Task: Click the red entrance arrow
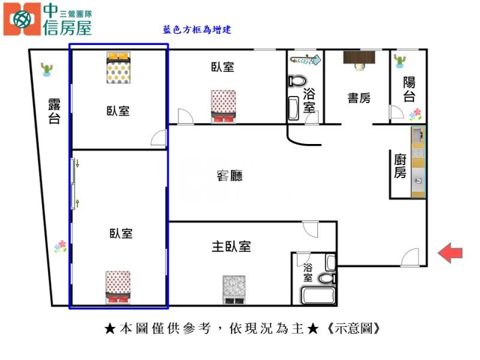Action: click(x=450, y=253)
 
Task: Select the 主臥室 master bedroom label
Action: click(x=231, y=246)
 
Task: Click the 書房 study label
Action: click(x=359, y=98)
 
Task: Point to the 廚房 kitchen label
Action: click(x=400, y=166)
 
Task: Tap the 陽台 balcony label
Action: click(x=409, y=89)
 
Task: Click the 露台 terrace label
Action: click(x=55, y=110)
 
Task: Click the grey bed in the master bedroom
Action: click(x=234, y=290)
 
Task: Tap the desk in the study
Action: click(x=359, y=58)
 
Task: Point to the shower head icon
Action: click(x=305, y=59)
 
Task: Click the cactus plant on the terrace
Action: click(x=47, y=70)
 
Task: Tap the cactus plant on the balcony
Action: click(x=400, y=60)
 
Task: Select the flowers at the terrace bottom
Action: click(x=60, y=245)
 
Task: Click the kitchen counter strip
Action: click(x=418, y=162)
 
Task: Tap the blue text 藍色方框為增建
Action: click(x=197, y=29)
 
